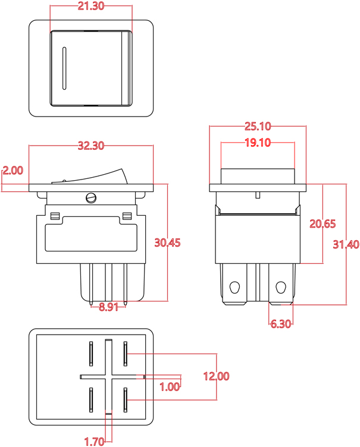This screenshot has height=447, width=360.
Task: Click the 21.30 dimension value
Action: (x=90, y=7)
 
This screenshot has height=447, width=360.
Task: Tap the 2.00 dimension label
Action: (x=12, y=171)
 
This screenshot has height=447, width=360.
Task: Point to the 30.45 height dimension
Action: (x=167, y=243)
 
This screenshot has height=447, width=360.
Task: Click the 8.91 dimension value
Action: (x=109, y=307)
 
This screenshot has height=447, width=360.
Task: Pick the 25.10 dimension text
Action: (x=258, y=126)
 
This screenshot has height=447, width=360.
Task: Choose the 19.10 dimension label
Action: (x=258, y=143)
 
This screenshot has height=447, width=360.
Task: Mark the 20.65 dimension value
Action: (x=323, y=223)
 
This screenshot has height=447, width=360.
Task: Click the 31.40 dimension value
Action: (x=346, y=244)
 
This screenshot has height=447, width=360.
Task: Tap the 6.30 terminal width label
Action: (x=280, y=323)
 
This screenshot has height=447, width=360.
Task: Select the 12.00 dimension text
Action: (x=216, y=376)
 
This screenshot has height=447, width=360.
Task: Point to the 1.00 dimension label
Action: (x=170, y=386)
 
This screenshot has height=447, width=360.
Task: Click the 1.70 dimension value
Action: (x=95, y=441)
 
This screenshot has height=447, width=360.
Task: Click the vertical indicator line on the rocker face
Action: (x=63, y=67)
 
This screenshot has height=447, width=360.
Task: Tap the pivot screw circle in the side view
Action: (x=90, y=197)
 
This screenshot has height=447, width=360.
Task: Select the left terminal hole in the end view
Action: (x=235, y=287)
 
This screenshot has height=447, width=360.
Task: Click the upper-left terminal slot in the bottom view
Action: (x=91, y=354)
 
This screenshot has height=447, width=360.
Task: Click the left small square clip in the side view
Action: (x=54, y=215)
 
